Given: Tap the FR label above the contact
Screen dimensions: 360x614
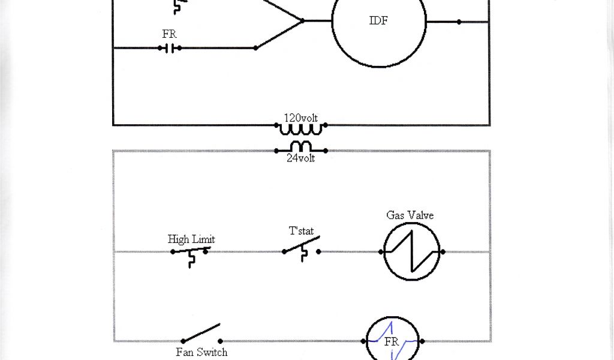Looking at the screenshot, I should pos(170,34).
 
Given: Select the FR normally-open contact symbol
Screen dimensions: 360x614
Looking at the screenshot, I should pos(170,48).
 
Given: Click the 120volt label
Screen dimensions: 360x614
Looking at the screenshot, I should pos(300,118).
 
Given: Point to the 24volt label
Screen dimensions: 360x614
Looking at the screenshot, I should pos(300,159).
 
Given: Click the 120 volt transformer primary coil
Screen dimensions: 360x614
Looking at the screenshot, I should pos(301,128).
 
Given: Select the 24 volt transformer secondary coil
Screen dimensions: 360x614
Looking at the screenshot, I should pos(301,147).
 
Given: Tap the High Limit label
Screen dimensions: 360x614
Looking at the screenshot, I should pos(191,239).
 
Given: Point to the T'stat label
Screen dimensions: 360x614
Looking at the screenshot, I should pos(301,231).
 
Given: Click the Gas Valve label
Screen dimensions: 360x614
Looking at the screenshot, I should pos(410,215).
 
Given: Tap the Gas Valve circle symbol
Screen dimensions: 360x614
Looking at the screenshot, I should pos(412,252).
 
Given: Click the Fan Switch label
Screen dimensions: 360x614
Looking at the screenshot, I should pos(201,352).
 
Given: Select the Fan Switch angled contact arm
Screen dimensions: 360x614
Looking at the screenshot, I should pos(201,333).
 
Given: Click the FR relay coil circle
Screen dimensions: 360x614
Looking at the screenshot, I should pos(392,341).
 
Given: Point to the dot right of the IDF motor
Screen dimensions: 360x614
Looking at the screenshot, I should pos(459,22).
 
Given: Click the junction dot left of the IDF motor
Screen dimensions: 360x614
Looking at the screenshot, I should pos(302,20).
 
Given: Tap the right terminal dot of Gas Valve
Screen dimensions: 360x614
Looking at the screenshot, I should pos(443,252).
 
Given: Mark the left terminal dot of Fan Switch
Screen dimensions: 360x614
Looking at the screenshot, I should pos(183,341).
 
